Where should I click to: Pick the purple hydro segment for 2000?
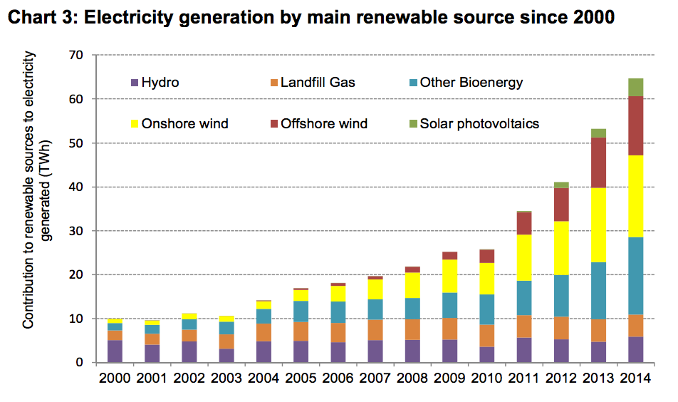pyautogui.click(x=115, y=351)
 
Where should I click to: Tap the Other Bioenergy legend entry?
pyautogui.click(x=471, y=83)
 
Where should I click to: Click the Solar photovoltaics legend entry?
pyautogui.click(x=479, y=124)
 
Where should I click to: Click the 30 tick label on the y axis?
pyautogui.click(x=78, y=231)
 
